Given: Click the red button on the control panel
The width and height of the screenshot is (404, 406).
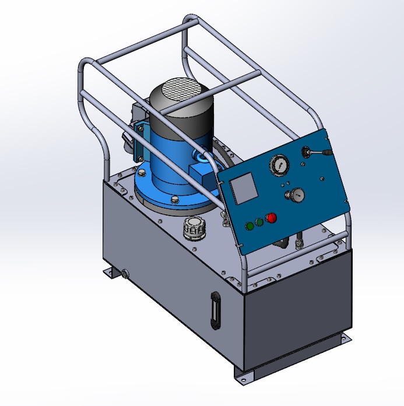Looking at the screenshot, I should click(x=270, y=218).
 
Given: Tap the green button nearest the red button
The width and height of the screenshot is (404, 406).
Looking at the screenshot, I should click(x=259, y=222).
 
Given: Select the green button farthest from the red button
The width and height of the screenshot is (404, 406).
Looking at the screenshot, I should click(x=250, y=225).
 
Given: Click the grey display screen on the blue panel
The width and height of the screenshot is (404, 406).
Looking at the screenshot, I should click(x=242, y=188).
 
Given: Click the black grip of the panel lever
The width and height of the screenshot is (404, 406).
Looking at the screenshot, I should click(x=327, y=153).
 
